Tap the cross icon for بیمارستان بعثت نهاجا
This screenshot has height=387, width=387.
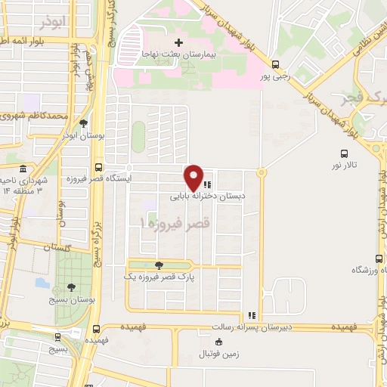tap(178, 42)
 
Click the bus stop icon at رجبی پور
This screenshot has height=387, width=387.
tap(275, 64)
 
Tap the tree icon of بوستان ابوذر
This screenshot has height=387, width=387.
tap(83, 123)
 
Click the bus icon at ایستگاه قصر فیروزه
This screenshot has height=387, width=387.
tap(98, 168)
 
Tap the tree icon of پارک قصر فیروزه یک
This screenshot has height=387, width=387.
tap(158, 265)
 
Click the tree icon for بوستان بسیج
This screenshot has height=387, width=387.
tap(71, 286)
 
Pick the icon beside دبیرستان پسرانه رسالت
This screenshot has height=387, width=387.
tap(252, 316)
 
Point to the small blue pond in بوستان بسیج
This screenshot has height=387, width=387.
tap(42, 283)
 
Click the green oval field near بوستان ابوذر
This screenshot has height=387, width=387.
tap(138, 136)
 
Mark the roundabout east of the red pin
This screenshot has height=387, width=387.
tap(262, 173)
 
